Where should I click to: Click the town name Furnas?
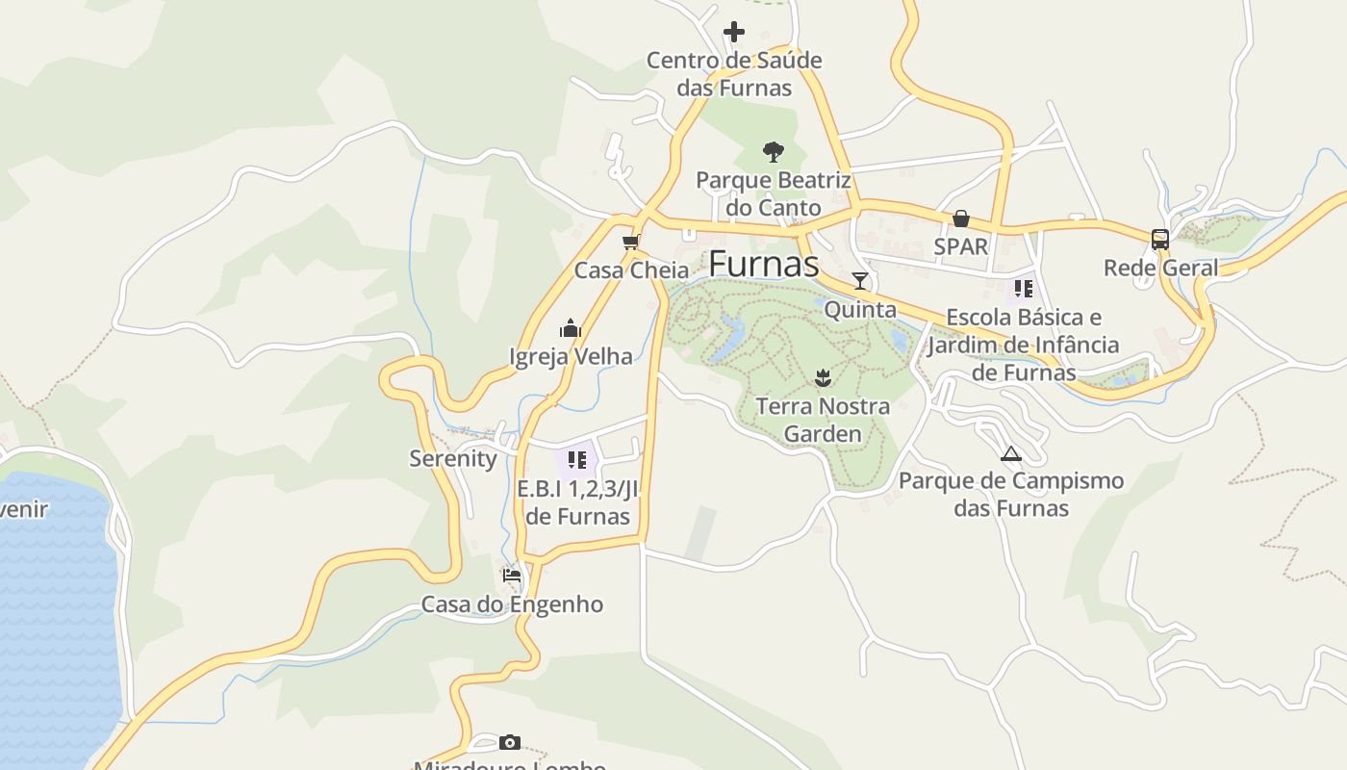(764, 265)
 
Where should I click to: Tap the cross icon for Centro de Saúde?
(734, 32)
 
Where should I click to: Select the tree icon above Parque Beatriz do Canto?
(773, 151)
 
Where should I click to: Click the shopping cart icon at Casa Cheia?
(631, 242)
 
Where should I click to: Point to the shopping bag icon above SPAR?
(960, 219)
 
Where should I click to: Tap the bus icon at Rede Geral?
(1160, 240)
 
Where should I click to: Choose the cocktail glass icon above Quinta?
(860, 281)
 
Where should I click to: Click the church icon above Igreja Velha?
(571, 328)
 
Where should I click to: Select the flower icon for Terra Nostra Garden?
(823, 377)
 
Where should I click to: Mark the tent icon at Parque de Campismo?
(1010, 453)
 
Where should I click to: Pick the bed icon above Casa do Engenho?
(512, 576)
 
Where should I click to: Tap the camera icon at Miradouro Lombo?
(510, 742)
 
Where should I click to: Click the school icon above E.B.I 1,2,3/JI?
(577, 460)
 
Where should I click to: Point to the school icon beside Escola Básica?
(1023, 288)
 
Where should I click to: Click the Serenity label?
(453, 458)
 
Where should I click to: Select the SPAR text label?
(960, 246)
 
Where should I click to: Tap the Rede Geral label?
(1160, 268)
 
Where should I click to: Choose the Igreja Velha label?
(571, 356)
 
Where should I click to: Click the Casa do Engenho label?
(512, 604)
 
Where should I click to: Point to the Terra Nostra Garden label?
(823, 420)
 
